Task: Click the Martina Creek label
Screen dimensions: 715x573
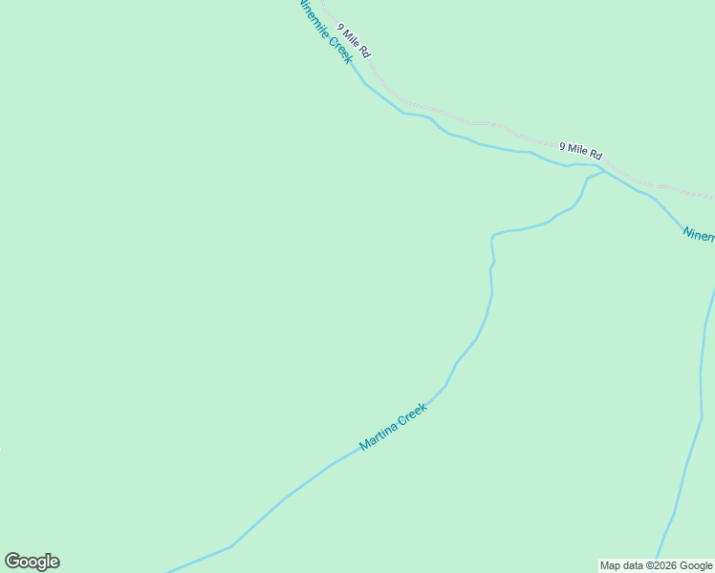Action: coord(393,426)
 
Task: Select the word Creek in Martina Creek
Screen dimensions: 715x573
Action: coord(412,414)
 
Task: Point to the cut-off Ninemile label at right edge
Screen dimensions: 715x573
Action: coord(698,235)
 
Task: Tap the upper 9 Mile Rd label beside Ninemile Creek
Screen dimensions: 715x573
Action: coord(353,41)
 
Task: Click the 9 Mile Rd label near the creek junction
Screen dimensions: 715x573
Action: coord(580,150)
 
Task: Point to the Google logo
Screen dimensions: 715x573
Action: coord(32,562)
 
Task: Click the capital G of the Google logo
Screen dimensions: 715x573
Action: coord(12,562)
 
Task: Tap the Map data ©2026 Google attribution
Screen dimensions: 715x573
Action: coord(656,565)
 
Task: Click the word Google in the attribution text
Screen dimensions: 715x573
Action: coord(697,565)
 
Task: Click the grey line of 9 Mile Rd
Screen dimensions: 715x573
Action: coord(478,123)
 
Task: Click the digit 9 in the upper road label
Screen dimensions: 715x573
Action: coord(340,28)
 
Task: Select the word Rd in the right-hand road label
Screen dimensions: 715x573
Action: coord(596,154)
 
